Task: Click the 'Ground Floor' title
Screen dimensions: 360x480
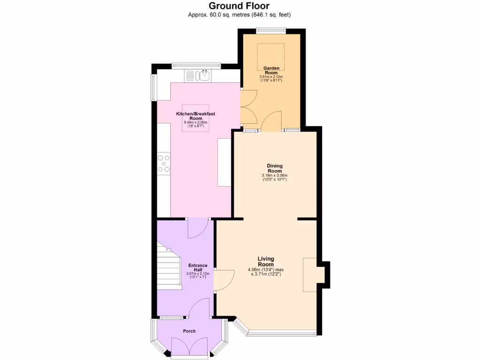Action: click(x=239, y=6)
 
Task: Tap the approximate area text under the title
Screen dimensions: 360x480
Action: click(x=239, y=15)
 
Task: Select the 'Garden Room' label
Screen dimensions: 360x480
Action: click(x=271, y=70)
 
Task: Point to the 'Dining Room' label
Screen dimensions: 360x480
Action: click(x=274, y=168)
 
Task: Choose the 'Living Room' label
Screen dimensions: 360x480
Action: click(x=266, y=262)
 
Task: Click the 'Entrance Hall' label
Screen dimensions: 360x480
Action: click(x=197, y=268)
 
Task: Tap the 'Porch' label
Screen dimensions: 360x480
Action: click(x=189, y=331)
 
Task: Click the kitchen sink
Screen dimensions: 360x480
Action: click(x=205, y=75)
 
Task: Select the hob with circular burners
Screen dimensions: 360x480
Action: click(x=164, y=163)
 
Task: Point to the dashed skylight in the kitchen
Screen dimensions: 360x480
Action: click(x=195, y=118)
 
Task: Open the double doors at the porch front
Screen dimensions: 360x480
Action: click(x=189, y=348)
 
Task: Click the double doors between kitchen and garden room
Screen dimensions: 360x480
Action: click(x=246, y=107)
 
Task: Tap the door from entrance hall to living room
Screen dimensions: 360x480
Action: click(x=224, y=281)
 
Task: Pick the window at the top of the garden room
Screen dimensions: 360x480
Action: click(x=271, y=31)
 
